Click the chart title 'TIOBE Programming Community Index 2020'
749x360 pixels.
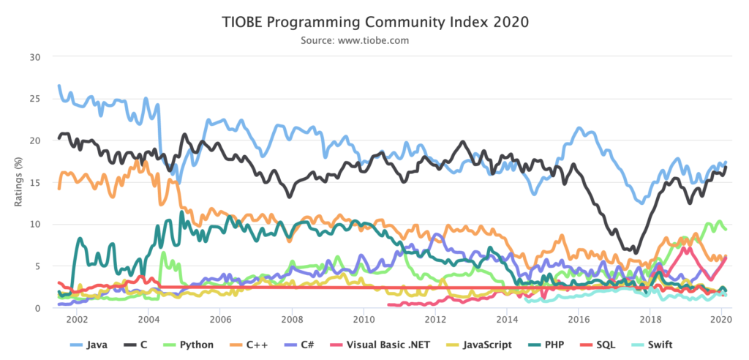(x=374, y=22)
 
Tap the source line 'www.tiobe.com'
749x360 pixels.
(x=374, y=40)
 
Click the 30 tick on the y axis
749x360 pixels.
(x=37, y=56)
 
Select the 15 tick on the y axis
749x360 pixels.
(x=37, y=182)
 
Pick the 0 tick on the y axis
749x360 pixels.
(x=39, y=308)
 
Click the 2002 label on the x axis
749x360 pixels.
(x=77, y=320)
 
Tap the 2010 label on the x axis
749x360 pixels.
(x=364, y=320)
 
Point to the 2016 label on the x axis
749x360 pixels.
(x=579, y=320)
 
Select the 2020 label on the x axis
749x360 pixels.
(x=722, y=320)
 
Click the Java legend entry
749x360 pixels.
(x=89, y=344)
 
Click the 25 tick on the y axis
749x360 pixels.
(x=37, y=98)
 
